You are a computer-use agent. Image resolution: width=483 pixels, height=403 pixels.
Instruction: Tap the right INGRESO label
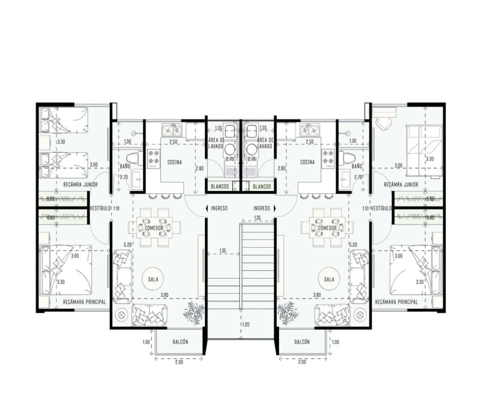[262, 208]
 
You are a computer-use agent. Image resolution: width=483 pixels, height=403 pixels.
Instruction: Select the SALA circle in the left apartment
[153, 279]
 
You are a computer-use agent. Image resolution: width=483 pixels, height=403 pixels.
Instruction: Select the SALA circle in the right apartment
[329, 279]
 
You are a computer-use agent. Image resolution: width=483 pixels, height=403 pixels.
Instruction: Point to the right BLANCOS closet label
[262, 187]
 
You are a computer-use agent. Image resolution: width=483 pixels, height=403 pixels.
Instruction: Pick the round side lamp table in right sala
[360, 314]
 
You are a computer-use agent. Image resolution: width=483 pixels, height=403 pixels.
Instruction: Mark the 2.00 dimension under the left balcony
[179, 362]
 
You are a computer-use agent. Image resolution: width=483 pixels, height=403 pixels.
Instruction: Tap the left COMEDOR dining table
[152, 228]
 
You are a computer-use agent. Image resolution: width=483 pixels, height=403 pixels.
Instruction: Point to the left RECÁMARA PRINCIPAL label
[84, 301]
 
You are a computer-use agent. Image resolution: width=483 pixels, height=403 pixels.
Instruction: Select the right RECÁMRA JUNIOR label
[400, 185]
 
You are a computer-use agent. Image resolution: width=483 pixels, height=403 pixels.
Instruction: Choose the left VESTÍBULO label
[100, 208]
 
